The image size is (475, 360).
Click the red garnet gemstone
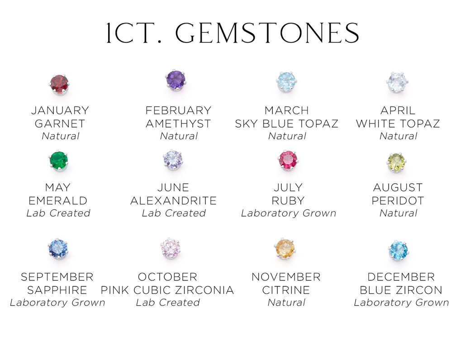59,84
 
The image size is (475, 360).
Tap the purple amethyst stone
176,80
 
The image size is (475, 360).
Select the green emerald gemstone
58,161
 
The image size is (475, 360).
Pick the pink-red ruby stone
288,160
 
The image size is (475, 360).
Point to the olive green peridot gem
397,163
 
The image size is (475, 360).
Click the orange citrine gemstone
285,249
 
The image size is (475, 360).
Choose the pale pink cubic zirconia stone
170,248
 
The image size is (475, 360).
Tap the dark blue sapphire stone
58,249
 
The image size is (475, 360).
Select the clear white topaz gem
398,82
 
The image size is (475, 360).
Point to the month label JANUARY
60,110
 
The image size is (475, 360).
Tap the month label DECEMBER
401,277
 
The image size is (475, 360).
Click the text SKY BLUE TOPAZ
286,124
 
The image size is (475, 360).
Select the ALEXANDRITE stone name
173,201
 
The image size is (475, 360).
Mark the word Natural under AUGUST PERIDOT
399,213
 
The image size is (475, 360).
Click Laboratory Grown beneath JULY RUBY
289,213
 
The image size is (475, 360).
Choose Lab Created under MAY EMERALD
58,213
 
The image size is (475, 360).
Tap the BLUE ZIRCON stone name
401,290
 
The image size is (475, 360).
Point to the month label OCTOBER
167,277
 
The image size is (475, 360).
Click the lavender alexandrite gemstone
173,160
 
